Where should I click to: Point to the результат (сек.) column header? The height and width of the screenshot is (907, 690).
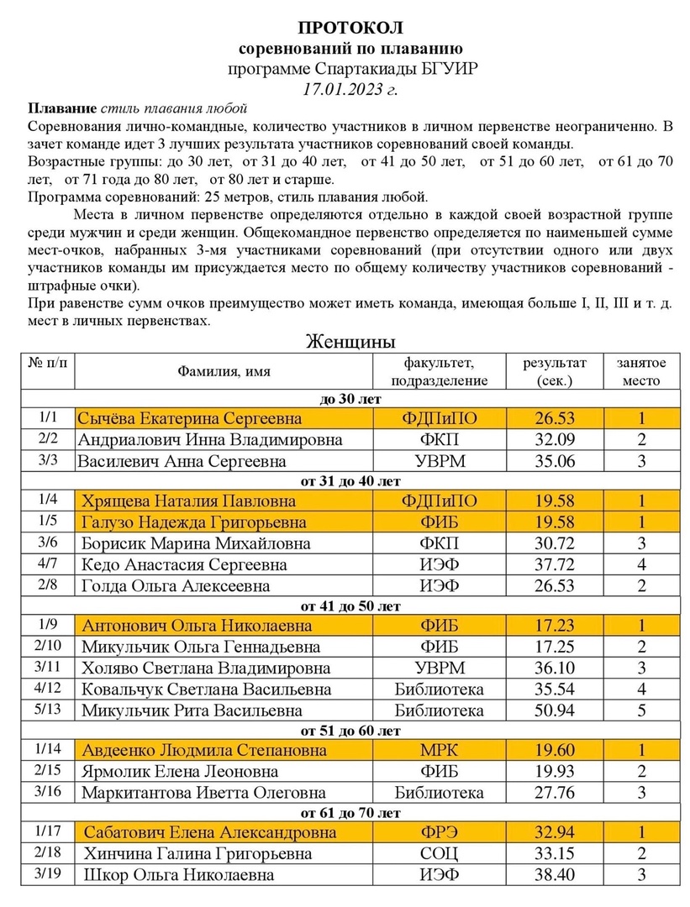(555, 370)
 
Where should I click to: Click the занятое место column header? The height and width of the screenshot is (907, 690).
(641, 370)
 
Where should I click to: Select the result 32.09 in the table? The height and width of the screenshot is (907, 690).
(554, 439)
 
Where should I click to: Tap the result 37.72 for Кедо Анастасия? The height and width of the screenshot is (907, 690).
(554, 564)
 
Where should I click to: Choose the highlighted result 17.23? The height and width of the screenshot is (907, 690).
(554, 626)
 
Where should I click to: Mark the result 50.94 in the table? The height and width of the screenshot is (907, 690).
(554, 710)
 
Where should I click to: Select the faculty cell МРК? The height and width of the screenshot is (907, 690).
(438, 750)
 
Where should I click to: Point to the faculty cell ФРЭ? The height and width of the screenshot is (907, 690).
(438, 833)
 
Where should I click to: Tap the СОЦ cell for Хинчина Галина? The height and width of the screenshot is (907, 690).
(438, 854)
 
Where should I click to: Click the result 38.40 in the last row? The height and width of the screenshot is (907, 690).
(554, 875)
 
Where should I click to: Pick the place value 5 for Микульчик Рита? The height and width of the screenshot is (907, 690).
(641, 710)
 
